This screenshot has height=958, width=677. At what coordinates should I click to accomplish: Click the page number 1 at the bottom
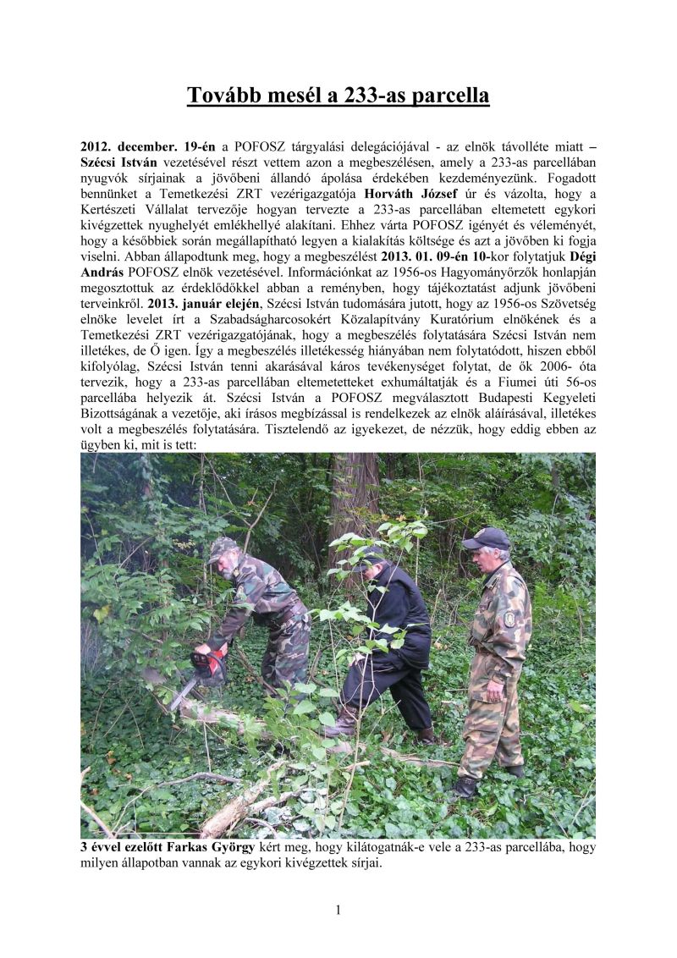pos(338,911)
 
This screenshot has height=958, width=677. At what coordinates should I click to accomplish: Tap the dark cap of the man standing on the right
pos(487,538)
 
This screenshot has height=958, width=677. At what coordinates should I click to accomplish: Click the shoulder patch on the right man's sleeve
pos(509,618)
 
